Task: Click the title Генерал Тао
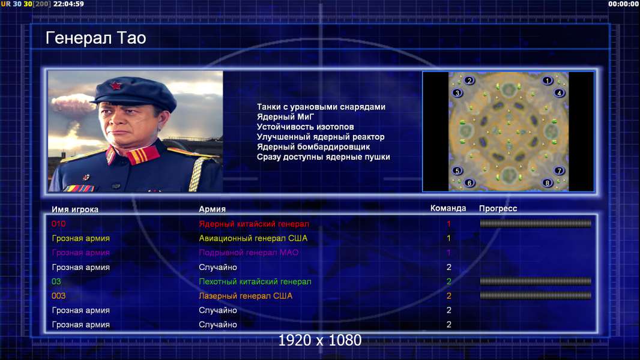[95, 38]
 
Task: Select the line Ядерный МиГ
[285, 117]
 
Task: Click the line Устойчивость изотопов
[306, 127]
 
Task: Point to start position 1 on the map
[548, 81]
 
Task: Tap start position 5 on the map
[457, 171]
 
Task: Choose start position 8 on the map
[548, 182]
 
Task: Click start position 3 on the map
[457, 93]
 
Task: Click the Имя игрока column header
[74, 209]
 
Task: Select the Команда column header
[448, 208]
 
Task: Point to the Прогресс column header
[498, 209]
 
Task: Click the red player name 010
[58, 224]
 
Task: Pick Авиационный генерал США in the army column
[253, 239]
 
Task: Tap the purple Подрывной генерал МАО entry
[249, 253]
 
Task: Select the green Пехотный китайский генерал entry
[255, 282]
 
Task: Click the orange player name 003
[58, 296]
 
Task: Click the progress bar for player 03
[536, 281]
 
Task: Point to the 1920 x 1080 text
[319, 340]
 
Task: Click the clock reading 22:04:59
[68, 4]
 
